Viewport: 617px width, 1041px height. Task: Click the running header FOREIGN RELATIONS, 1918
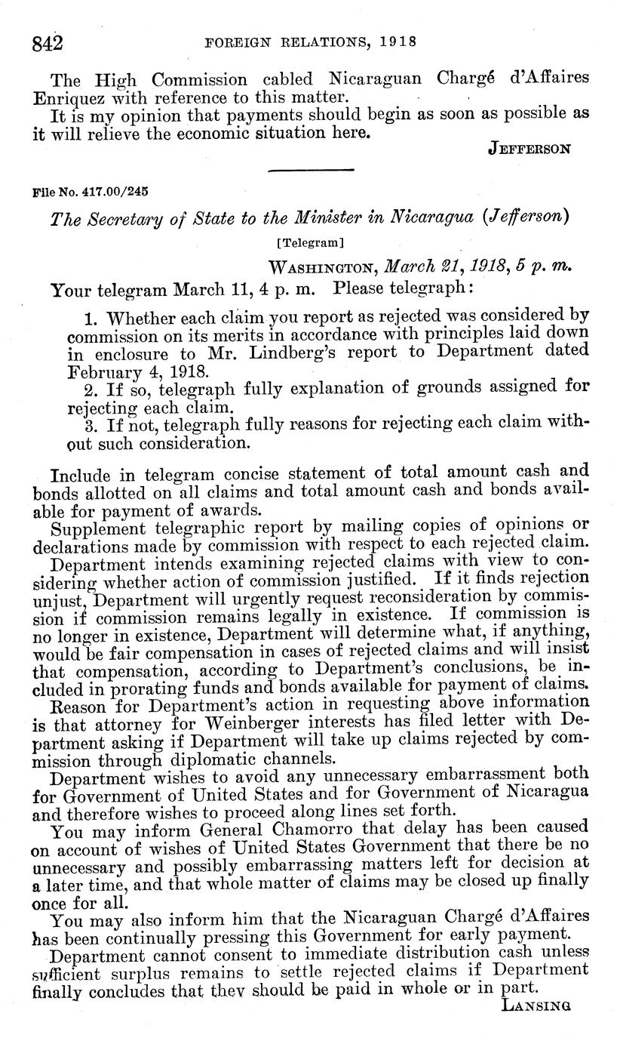[x=310, y=41]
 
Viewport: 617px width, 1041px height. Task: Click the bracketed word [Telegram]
[x=308, y=243]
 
